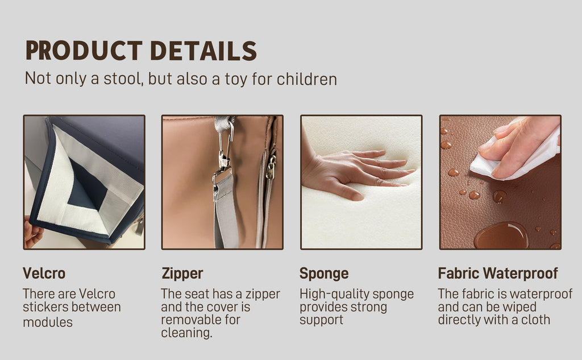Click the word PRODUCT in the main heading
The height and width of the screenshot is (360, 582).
click(x=84, y=51)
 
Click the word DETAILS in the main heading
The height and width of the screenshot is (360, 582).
click(x=203, y=51)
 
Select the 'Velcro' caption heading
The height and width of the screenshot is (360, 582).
click(x=44, y=274)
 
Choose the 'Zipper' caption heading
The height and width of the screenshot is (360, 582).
click(x=182, y=274)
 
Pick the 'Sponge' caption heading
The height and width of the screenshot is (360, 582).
click(x=324, y=274)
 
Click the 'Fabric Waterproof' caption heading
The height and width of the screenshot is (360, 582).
click(x=498, y=274)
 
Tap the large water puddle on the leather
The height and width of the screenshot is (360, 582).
click(x=501, y=236)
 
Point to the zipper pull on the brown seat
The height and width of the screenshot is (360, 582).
click(x=271, y=167)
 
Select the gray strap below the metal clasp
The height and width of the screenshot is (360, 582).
click(x=225, y=212)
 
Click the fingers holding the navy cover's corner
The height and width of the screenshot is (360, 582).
click(x=32, y=232)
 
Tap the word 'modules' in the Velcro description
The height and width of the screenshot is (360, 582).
click(x=48, y=322)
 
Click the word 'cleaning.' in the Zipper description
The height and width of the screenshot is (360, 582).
click(x=186, y=333)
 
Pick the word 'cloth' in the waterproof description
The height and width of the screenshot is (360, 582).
click(x=535, y=320)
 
